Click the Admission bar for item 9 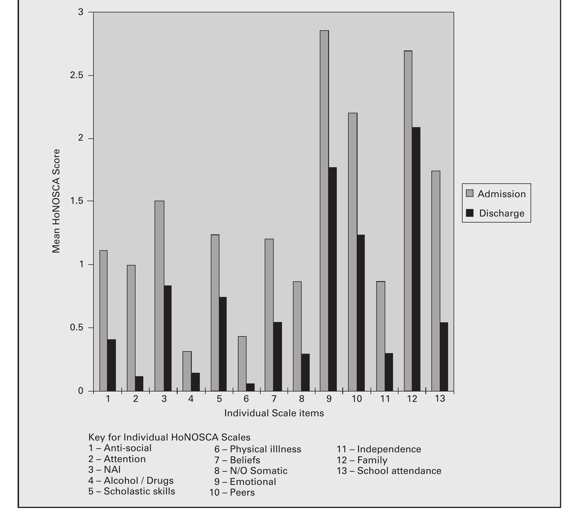pyautogui.click(x=324, y=210)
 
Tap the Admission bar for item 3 pyautogui.click(x=159, y=296)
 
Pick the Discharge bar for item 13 pyautogui.click(x=444, y=357)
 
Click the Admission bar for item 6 pyautogui.click(x=242, y=364)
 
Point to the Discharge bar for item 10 pyautogui.click(x=361, y=313)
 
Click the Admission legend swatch pyautogui.click(x=470, y=193)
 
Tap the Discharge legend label pyautogui.click(x=502, y=213)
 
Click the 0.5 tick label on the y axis pyautogui.click(x=76, y=328)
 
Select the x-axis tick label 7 pyautogui.click(x=274, y=399)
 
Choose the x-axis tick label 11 pyautogui.click(x=385, y=399)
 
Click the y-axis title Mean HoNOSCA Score pyautogui.click(x=56, y=201)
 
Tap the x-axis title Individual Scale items pyautogui.click(x=274, y=413)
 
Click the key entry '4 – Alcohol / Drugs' pyautogui.click(x=131, y=481)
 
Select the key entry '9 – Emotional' pyautogui.click(x=245, y=482)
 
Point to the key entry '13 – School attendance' pyautogui.click(x=389, y=471)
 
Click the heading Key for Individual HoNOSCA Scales pyautogui.click(x=169, y=437)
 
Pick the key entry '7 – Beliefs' pyautogui.click(x=237, y=460)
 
